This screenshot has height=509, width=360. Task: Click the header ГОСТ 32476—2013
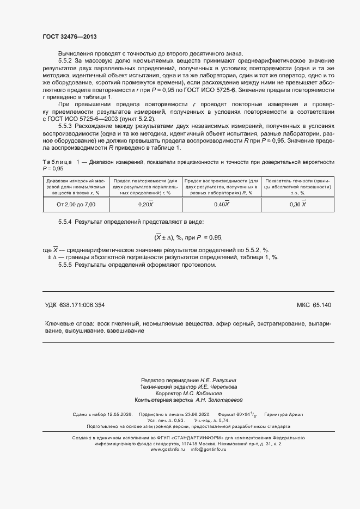pyautogui.click(x=69, y=36)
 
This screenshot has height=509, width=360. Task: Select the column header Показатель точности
pyautogui.click(x=298, y=186)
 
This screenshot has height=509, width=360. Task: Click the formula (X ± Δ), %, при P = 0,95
pyautogui.click(x=188, y=238)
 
